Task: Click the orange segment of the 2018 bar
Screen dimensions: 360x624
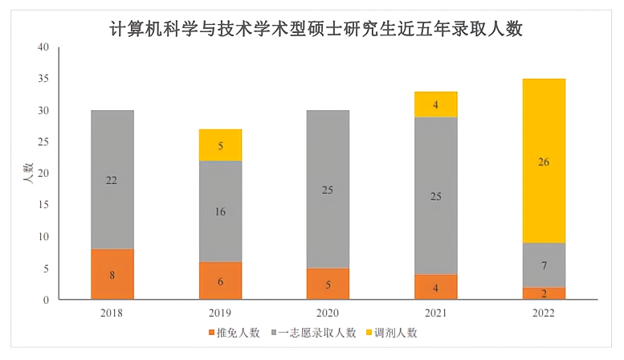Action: pyautogui.click(x=112, y=274)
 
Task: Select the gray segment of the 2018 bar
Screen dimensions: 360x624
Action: pyautogui.click(x=112, y=180)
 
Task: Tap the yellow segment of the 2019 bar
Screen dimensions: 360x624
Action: pyautogui.click(x=219, y=145)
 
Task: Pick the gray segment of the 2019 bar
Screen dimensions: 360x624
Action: pyautogui.click(x=219, y=211)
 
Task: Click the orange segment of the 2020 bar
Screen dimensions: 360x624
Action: pyautogui.click(x=328, y=284)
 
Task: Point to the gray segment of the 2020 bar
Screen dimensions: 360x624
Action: pyautogui.click(x=328, y=190)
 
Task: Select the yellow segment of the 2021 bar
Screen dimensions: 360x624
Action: pyautogui.click(x=435, y=104)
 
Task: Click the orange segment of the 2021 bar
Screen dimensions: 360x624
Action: pyautogui.click(x=435, y=287)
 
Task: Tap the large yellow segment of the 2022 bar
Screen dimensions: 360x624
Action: pyautogui.click(x=544, y=162)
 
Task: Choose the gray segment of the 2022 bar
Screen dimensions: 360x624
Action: pyautogui.click(x=544, y=265)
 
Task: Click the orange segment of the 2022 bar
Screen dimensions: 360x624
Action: pyautogui.click(x=544, y=293)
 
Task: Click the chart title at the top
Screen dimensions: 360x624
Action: pyautogui.click(x=316, y=30)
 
